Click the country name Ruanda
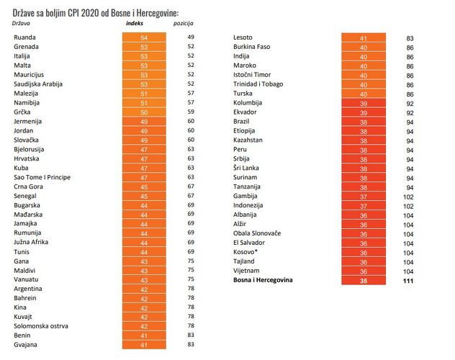(24, 37)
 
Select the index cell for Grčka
(144, 112)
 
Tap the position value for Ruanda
(191, 37)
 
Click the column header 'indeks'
(135, 23)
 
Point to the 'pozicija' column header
(184, 24)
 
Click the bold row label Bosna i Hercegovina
(263, 280)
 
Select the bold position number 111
(408, 281)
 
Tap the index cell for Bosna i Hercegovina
(364, 280)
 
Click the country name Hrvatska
(27, 158)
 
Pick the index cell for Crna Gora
(144, 186)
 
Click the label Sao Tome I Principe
(42, 177)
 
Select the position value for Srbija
(410, 160)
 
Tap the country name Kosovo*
(245, 252)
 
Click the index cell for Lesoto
(364, 37)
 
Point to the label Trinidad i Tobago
(258, 84)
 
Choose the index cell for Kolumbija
(364, 103)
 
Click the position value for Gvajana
(191, 344)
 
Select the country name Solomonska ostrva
(41, 326)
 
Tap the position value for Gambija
(408, 197)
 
